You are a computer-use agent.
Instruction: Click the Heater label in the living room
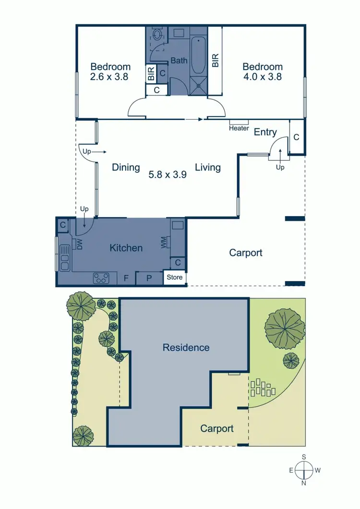239,128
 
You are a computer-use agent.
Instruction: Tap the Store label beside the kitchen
174,278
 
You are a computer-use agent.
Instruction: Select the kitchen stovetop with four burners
101,277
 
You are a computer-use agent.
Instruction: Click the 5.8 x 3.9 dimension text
167,175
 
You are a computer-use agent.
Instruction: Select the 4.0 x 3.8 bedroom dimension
262,76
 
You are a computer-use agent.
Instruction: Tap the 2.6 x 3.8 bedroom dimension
109,76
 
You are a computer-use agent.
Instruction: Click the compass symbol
304,470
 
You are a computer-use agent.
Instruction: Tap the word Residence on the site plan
186,347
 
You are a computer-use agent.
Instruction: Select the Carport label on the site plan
217,428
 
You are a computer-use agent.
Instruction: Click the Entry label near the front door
265,132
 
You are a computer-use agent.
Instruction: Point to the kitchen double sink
64,257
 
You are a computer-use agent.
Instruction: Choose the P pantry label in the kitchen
149,278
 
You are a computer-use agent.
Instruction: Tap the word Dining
126,167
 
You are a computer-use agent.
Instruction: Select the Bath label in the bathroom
179,61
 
